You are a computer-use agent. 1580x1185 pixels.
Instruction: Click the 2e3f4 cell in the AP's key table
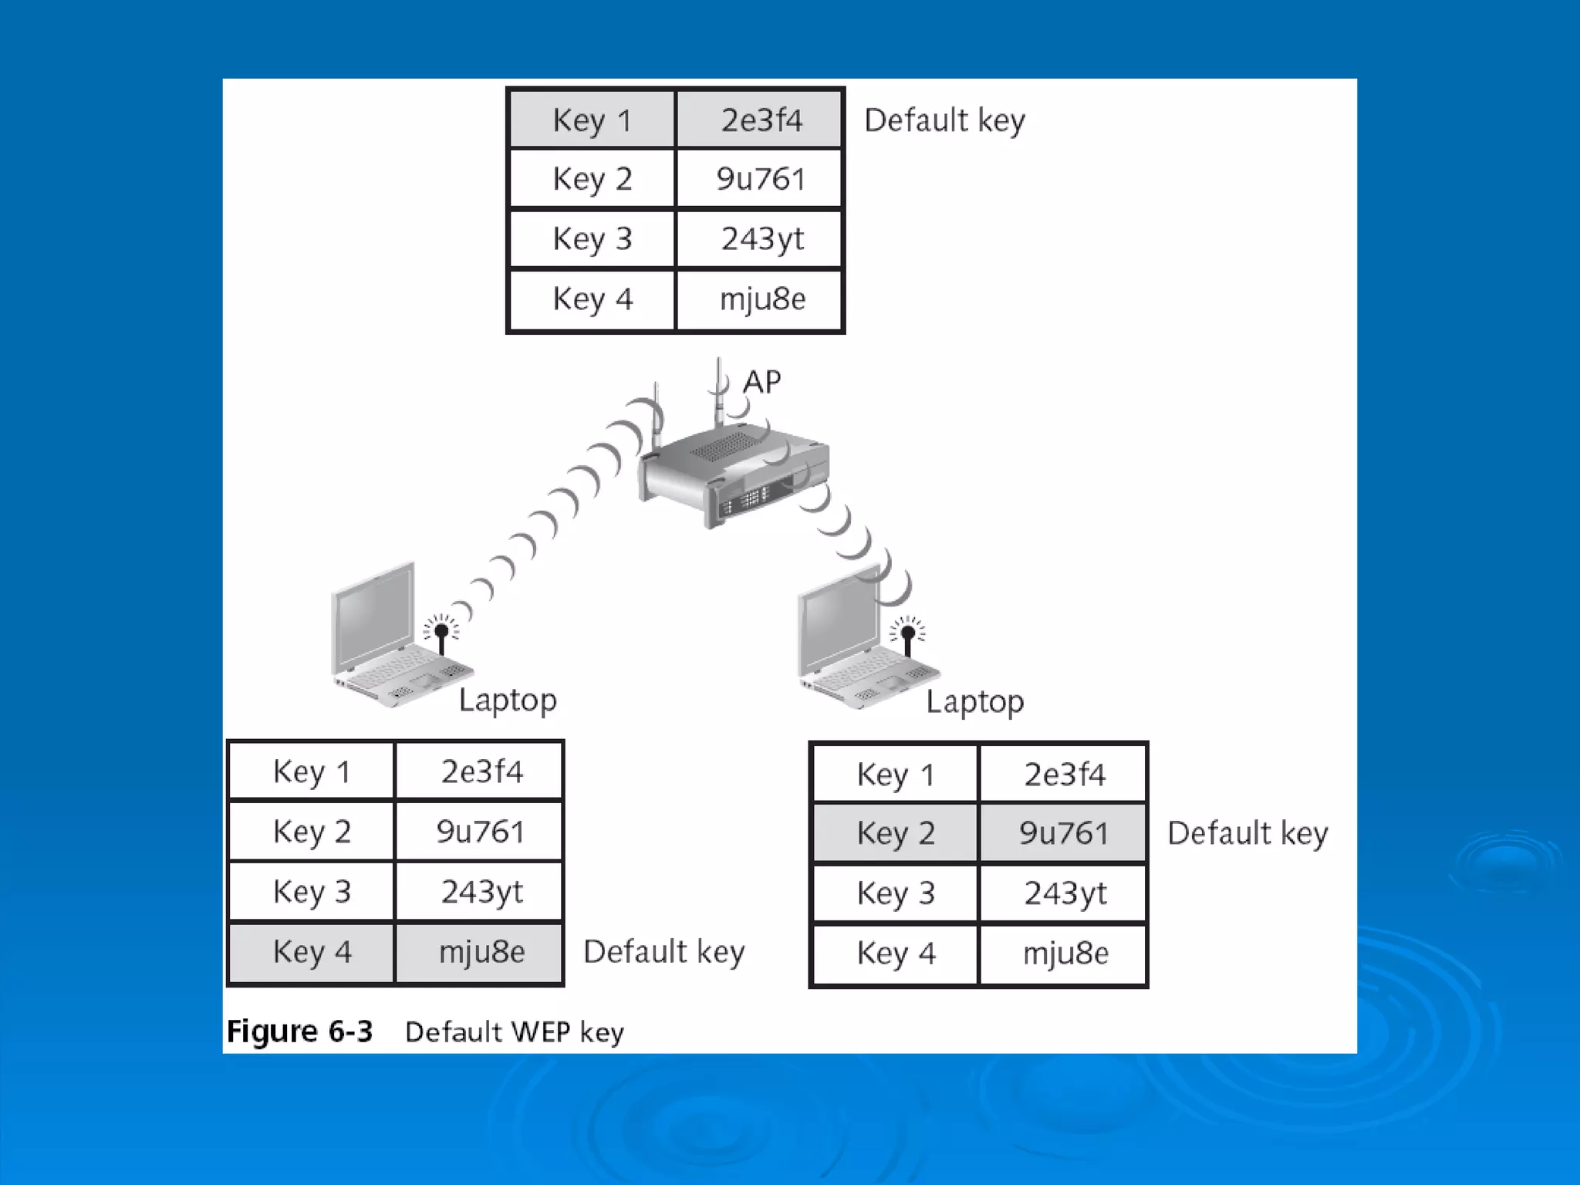pyautogui.click(x=760, y=120)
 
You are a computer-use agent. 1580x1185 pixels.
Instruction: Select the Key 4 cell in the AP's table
pyautogui.click(x=592, y=299)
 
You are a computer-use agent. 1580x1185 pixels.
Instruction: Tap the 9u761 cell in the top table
pyautogui.click(x=760, y=179)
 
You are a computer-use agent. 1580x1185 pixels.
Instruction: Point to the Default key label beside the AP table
pyautogui.click(x=944, y=120)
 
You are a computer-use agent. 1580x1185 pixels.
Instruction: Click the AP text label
pyautogui.click(x=761, y=382)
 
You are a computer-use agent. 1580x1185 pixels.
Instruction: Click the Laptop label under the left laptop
pyautogui.click(x=507, y=701)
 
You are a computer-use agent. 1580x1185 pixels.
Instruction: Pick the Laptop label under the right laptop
pyautogui.click(x=974, y=702)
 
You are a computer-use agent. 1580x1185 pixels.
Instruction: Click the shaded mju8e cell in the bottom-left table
pyautogui.click(x=481, y=952)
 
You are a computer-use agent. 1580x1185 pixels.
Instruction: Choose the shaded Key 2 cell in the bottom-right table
pyautogui.click(x=895, y=833)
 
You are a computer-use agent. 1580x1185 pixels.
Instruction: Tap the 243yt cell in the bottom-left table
pyautogui.click(x=481, y=892)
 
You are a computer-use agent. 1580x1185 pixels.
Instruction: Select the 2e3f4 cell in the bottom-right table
pyautogui.click(x=1064, y=774)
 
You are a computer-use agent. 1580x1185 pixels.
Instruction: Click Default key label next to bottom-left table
pyautogui.click(x=663, y=952)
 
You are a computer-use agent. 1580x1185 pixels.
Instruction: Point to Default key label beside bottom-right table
pyautogui.click(x=1247, y=833)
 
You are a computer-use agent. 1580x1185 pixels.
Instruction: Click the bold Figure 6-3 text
pyautogui.click(x=299, y=1031)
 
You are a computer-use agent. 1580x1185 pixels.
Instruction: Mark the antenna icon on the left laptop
pyautogui.click(x=441, y=634)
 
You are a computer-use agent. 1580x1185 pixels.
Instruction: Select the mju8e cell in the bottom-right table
pyautogui.click(x=1065, y=954)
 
